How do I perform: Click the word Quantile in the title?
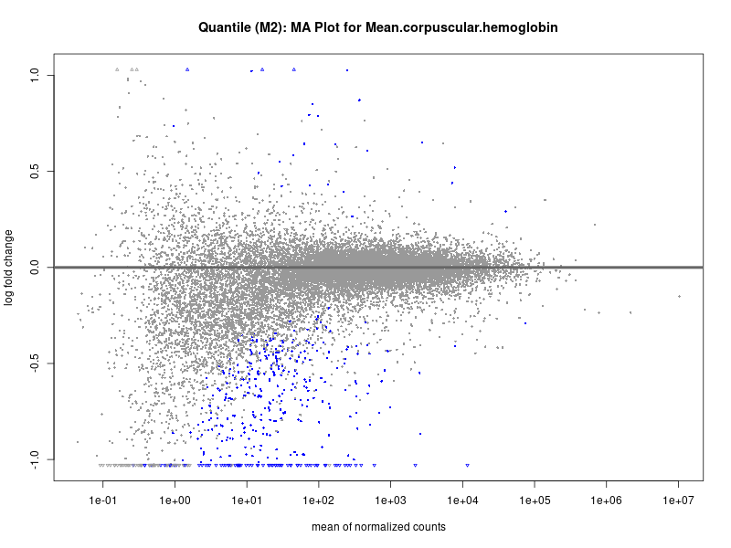pyautogui.click(x=225, y=28)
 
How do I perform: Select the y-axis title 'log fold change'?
pyautogui.click(x=9, y=268)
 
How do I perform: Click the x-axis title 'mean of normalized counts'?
pyautogui.click(x=378, y=527)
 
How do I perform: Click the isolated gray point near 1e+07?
pyautogui.click(x=680, y=296)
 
